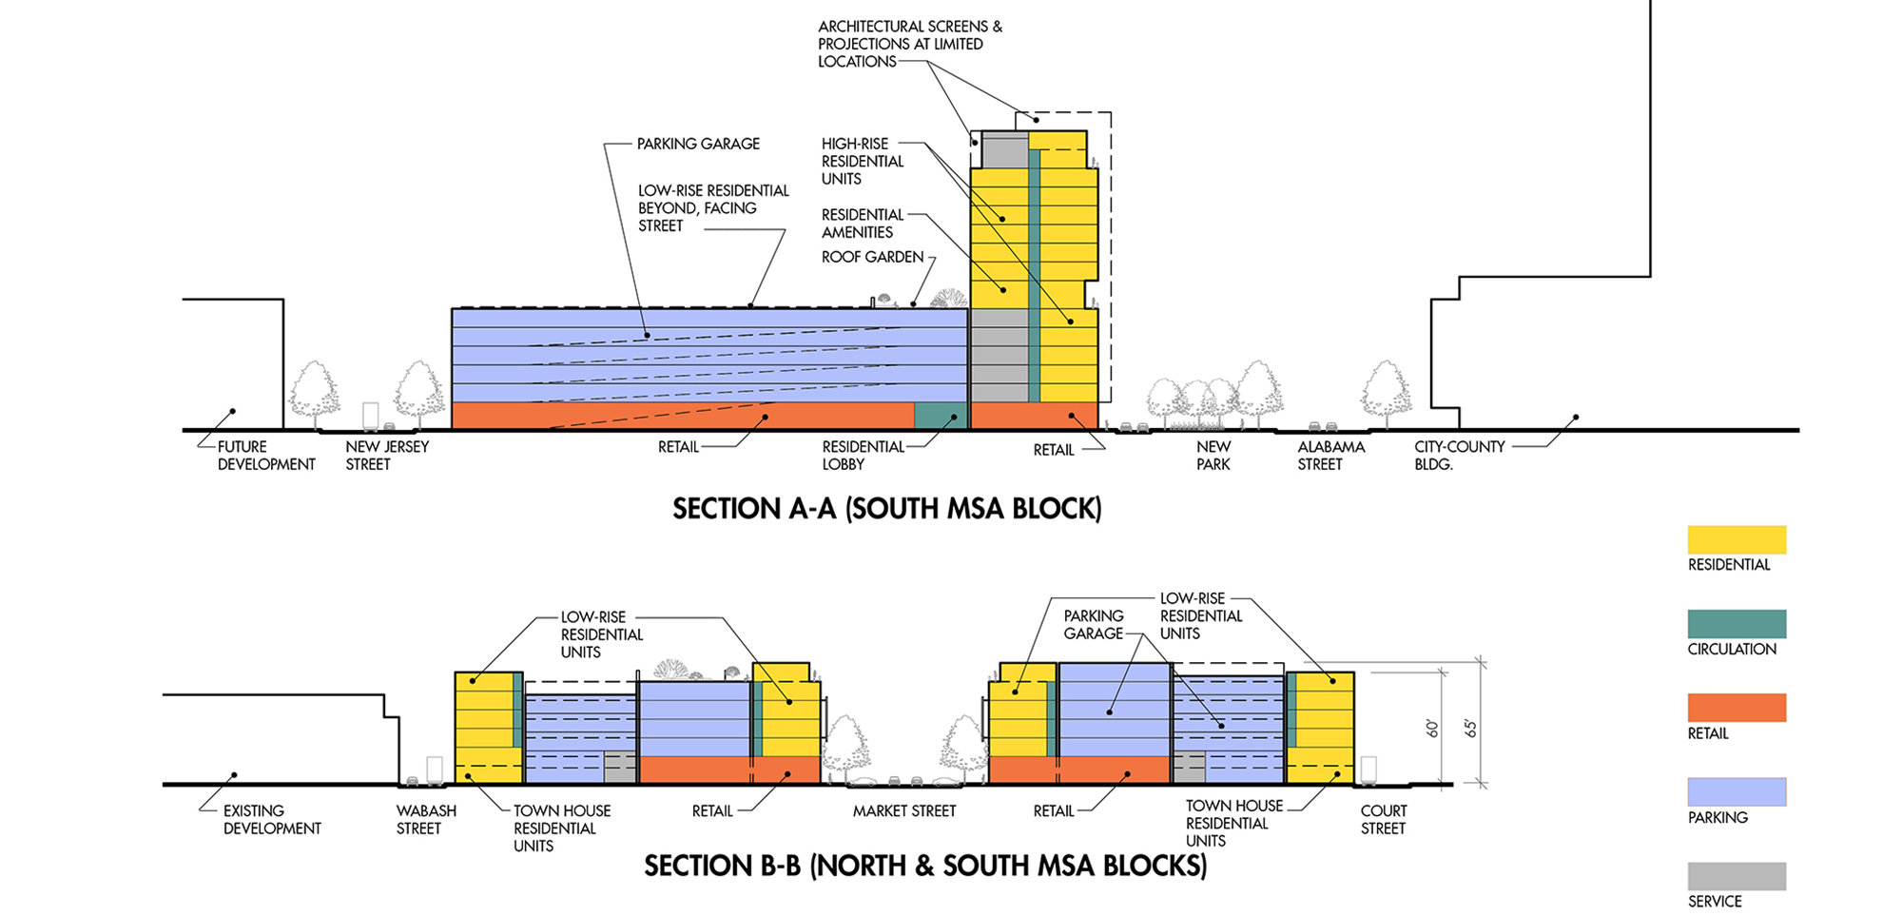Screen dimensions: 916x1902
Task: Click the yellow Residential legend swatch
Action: [1737, 539]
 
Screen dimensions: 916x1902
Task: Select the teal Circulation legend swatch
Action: [1737, 623]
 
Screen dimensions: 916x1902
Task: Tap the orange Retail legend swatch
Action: [1737, 708]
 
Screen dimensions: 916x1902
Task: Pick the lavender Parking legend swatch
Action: [1737, 791]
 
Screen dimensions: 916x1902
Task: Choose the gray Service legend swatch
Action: [1737, 876]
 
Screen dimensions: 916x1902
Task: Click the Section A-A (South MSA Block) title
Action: [886, 509]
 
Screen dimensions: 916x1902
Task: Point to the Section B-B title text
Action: [925, 866]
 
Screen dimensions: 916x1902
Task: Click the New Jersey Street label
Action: [386, 456]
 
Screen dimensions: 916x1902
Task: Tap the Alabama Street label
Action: [1330, 456]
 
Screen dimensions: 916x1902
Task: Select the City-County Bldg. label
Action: [1459, 456]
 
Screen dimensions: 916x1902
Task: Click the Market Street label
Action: [903, 811]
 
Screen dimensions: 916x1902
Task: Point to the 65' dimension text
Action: [1470, 729]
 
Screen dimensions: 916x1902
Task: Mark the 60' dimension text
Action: [1432, 729]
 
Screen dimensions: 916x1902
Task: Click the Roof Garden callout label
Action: [872, 257]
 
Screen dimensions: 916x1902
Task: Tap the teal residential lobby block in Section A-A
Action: [940, 416]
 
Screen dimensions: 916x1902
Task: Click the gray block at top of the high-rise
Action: [1004, 150]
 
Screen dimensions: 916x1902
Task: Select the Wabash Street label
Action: [425, 820]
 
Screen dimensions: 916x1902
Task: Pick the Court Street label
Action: [1383, 820]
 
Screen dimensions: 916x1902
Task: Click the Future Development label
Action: [265, 456]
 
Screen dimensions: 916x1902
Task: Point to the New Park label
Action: [1213, 456]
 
